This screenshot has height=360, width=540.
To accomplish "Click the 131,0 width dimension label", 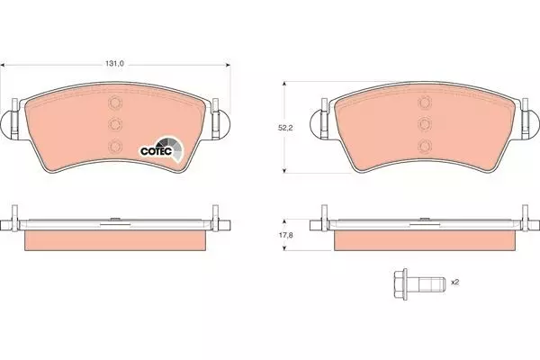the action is click(114, 64).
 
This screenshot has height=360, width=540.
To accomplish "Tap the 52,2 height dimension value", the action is click(285, 128).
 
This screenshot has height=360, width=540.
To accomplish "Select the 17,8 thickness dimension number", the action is click(285, 235).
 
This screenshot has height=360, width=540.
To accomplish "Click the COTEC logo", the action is click(161, 149).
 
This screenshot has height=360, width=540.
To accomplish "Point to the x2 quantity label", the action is click(455, 282).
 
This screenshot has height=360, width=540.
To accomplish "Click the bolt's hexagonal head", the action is click(400, 283).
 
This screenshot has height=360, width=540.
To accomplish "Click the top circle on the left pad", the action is click(115, 103).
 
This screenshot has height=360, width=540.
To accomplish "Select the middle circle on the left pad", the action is click(115, 124).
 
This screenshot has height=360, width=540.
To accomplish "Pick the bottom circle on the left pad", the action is click(115, 147).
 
